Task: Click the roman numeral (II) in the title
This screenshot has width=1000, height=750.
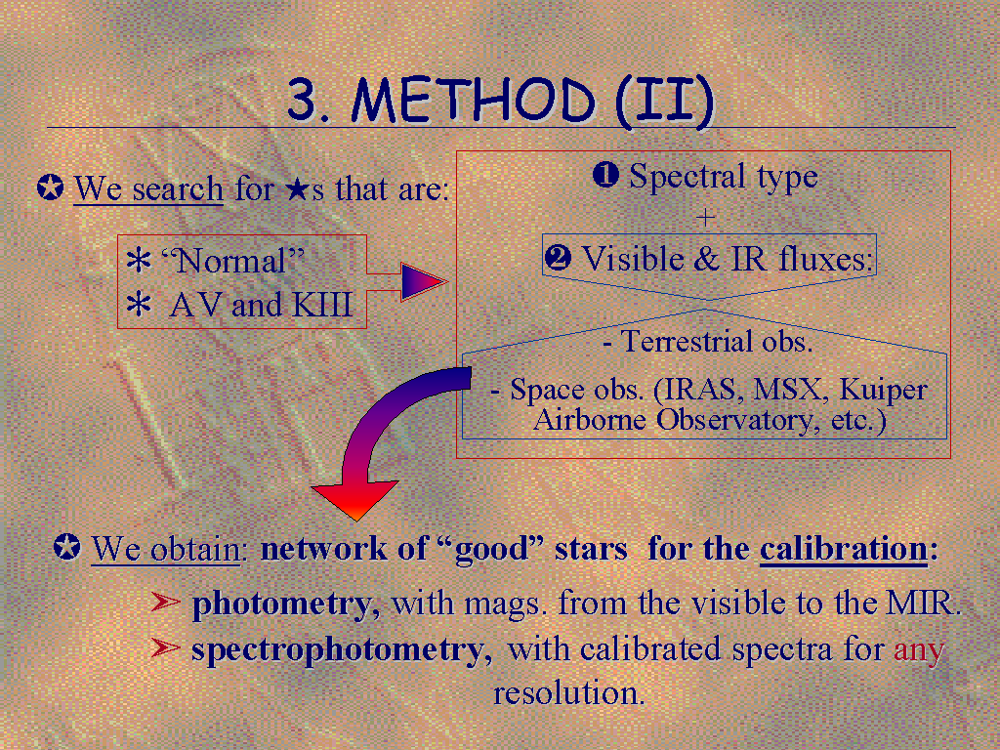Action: (x=664, y=102)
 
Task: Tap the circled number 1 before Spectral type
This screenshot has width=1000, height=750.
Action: (x=605, y=175)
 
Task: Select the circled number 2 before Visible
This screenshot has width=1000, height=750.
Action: (x=558, y=258)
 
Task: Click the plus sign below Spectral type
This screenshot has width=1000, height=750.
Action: (x=705, y=218)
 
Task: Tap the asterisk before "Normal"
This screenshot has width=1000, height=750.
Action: (x=139, y=260)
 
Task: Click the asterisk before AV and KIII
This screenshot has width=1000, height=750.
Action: (x=139, y=305)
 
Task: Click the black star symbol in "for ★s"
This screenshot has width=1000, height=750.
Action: (x=297, y=189)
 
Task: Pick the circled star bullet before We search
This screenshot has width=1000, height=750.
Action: (x=51, y=188)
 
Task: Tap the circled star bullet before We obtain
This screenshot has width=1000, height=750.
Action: (x=67, y=547)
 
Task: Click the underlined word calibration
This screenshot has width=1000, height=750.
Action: (x=843, y=549)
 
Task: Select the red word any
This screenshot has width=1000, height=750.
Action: (x=919, y=651)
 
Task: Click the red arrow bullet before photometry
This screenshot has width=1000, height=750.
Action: (x=166, y=601)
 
